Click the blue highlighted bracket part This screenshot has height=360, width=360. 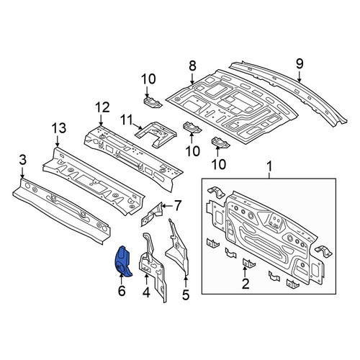[122, 261]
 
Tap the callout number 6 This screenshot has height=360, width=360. [122, 291]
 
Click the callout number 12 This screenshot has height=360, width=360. [102, 107]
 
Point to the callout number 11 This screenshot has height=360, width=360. [126, 120]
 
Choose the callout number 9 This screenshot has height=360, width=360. [300, 64]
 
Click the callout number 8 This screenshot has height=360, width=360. [192, 66]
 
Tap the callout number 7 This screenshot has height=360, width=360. [177, 206]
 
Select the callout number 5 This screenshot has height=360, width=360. [186, 295]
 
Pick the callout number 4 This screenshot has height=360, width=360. [146, 293]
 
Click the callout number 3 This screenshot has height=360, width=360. [22, 160]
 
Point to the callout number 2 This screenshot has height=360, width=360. [246, 284]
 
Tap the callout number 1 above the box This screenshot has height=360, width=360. [269, 166]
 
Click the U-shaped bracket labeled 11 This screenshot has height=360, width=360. [156, 133]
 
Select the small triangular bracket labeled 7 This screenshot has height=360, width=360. [152, 214]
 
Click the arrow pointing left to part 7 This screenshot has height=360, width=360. [167, 206]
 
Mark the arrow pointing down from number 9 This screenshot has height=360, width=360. [300, 77]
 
